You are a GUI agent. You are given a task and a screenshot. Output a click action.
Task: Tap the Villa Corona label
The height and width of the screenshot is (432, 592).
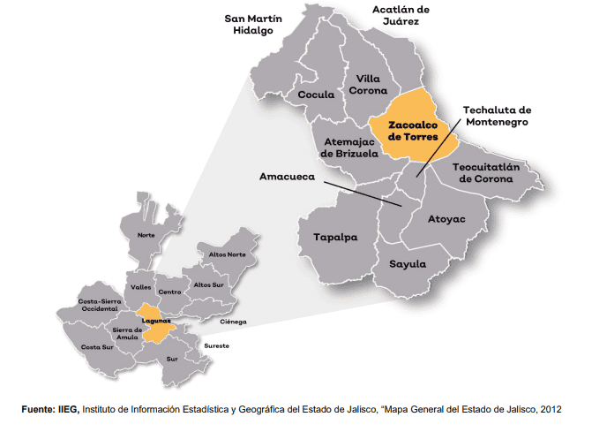click(x=368, y=85)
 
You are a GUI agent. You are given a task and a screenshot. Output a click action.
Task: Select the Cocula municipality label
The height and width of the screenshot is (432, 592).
click(x=317, y=95)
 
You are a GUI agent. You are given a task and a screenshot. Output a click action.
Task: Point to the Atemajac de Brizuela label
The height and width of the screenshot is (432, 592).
click(x=351, y=147)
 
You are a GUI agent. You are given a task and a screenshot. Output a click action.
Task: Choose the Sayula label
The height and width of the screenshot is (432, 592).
click(x=408, y=264)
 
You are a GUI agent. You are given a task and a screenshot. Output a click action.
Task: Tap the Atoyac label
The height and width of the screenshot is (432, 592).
click(x=446, y=218)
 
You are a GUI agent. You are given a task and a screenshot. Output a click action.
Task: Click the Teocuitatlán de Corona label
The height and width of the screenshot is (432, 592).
click(x=495, y=171)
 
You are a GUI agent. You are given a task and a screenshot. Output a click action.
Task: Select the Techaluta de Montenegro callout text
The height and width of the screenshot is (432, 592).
click(x=496, y=117)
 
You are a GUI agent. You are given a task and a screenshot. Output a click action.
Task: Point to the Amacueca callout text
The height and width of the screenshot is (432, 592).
click(x=288, y=177)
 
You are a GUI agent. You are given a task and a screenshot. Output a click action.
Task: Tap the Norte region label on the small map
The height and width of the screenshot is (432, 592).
click(x=146, y=235)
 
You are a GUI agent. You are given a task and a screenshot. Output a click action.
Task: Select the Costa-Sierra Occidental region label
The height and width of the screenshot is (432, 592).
click(x=99, y=304)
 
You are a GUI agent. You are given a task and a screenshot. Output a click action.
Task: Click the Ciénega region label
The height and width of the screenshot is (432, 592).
click(x=234, y=322)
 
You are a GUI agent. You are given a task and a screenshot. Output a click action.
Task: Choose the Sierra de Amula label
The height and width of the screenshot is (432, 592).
click(x=127, y=334)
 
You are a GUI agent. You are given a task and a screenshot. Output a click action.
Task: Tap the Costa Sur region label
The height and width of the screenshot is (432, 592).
click(x=98, y=347)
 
